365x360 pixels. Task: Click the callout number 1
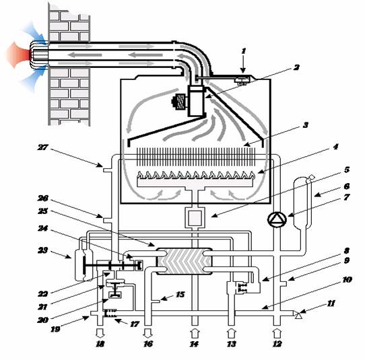click(x=244, y=51)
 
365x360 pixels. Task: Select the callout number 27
click(x=43, y=147)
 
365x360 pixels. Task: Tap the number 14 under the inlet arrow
click(x=194, y=344)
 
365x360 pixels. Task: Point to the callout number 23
click(x=42, y=250)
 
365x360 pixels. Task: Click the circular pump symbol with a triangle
click(x=277, y=219)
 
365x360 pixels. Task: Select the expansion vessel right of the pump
click(x=302, y=203)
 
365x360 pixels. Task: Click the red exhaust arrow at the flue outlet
click(x=18, y=55)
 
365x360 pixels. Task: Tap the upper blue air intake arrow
click(x=35, y=32)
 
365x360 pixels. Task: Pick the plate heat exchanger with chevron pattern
click(x=185, y=261)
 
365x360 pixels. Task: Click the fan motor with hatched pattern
click(x=180, y=102)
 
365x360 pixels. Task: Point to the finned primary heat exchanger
click(x=197, y=157)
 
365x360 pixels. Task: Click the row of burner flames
click(x=196, y=175)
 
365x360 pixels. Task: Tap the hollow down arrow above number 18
click(x=100, y=334)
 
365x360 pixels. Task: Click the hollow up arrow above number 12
click(x=277, y=334)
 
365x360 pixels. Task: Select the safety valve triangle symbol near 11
click(x=298, y=315)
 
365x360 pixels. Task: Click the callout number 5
click(x=347, y=170)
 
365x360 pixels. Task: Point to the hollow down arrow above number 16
click(x=147, y=334)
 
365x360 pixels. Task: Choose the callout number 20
click(x=43, y=320)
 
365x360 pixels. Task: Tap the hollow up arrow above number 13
click(x=231, y=334)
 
